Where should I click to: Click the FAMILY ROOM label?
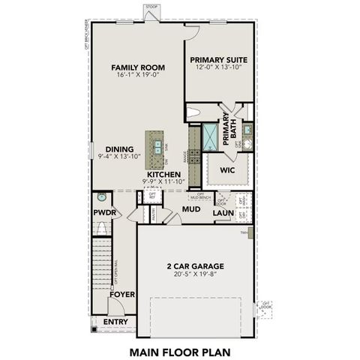(x=138, y=67)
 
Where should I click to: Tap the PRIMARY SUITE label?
(x=218, y=60)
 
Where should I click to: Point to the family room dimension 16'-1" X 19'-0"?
(x=138, y=76)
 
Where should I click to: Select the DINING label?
(x=120, y=148)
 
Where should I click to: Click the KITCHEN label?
(x=163, y=174)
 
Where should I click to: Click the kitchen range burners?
(x=193, y=156)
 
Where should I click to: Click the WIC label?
(x=228, y=170)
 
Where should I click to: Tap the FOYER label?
(x=121, y=295)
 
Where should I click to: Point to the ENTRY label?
(x=115, y=322)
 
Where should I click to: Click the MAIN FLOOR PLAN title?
(x=179, y=350)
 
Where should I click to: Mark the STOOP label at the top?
(x=151, y=5)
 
